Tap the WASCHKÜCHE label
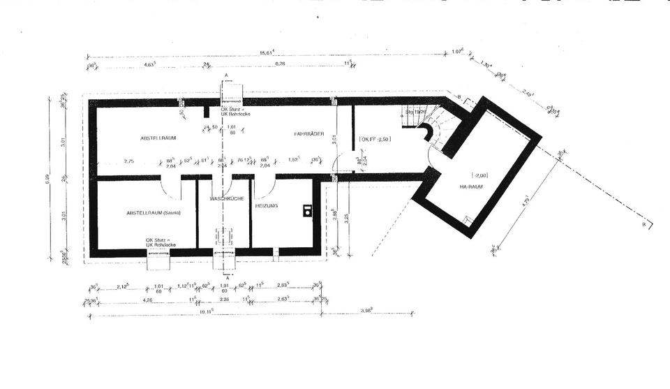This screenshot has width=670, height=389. [227, 199]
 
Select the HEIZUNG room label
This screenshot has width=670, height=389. [267, 206]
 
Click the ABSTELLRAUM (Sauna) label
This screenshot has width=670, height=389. [154, 212]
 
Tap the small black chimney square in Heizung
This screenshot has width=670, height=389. [307, 210]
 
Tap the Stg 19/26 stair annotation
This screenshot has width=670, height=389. [416, 111]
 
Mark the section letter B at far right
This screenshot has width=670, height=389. [643, 226]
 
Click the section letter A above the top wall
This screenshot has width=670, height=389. [226, 75]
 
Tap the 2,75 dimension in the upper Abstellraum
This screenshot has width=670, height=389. [129, 161]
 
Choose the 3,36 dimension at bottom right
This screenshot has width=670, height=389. [366, 309]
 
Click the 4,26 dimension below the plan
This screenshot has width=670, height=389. [147, 300]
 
